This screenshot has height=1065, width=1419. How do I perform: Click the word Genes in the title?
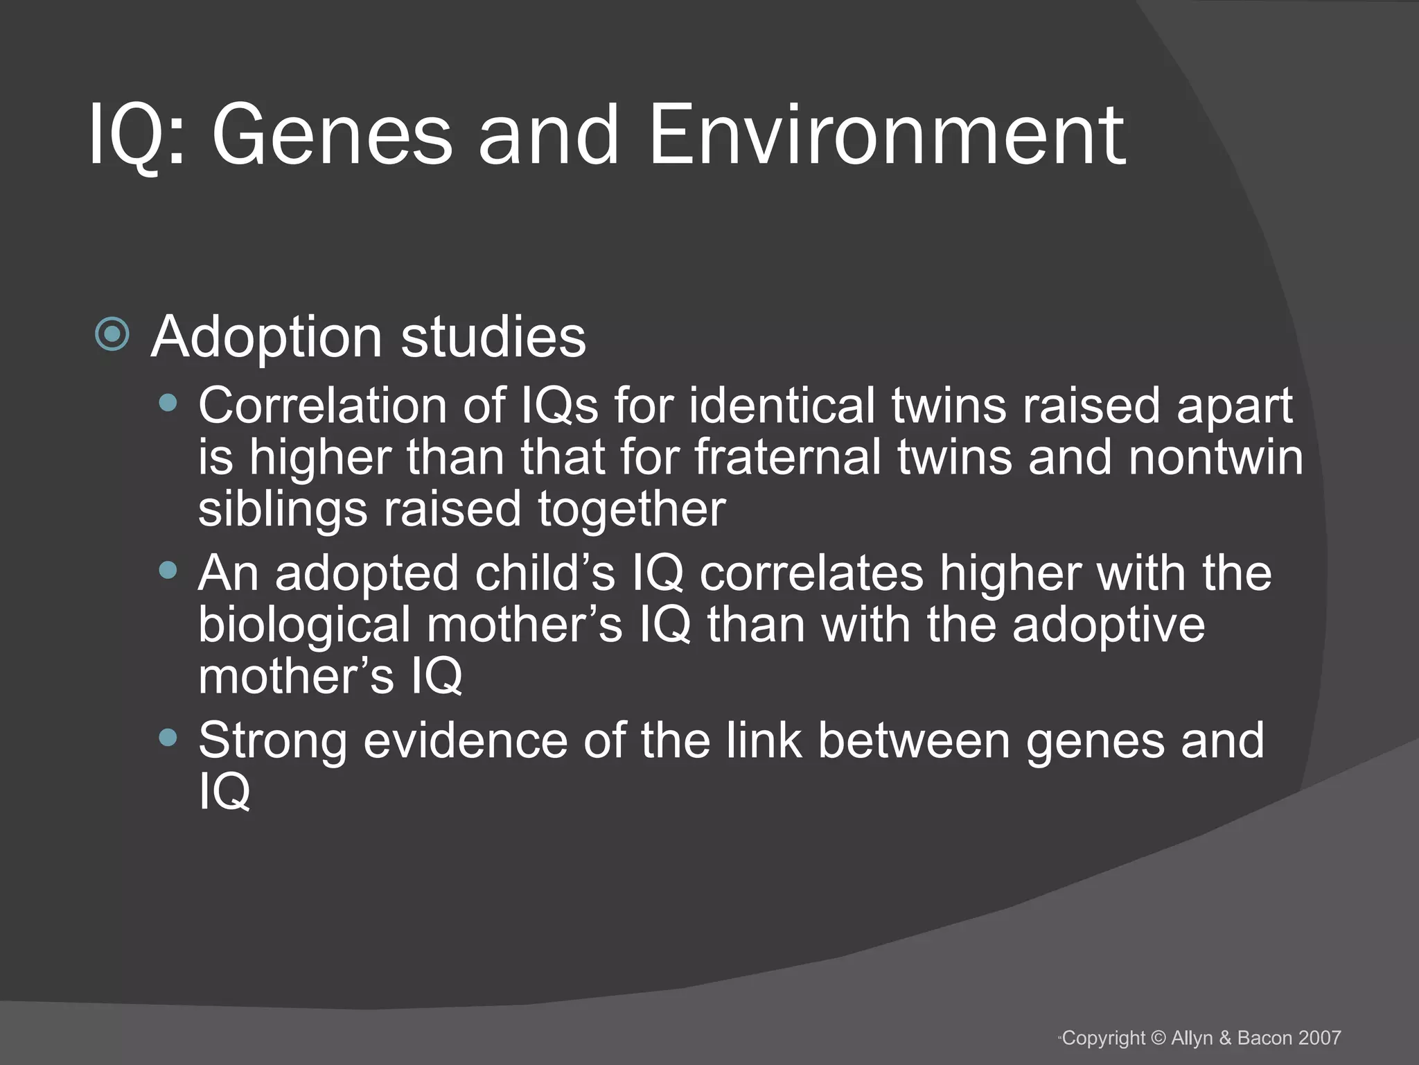pos(332,135)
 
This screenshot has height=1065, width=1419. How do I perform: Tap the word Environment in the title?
pos(887,135)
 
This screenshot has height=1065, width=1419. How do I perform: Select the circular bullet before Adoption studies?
pos(112,335)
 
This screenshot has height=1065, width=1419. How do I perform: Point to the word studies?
pos(493,338)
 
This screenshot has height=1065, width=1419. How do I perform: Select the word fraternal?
pos(788,458)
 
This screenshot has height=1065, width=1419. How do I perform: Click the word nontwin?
pos(1215,458)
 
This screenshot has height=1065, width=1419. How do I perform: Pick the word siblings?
pos(282,510)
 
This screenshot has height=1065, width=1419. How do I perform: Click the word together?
pos(631,510)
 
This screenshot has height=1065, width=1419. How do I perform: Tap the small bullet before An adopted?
pos(168,571)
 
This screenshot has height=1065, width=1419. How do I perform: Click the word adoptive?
pos(1108,625)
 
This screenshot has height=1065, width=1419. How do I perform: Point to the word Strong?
pos(272,741)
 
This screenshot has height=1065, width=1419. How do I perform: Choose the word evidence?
pos(465,741)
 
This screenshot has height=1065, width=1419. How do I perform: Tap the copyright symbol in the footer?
pos(1158,1038)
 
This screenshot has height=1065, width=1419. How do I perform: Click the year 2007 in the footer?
pos(1320,1038)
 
